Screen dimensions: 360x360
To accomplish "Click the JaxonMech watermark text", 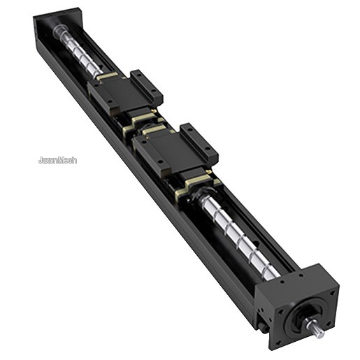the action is click(57, 160).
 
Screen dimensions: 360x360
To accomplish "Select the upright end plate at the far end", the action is click(57, 19).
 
